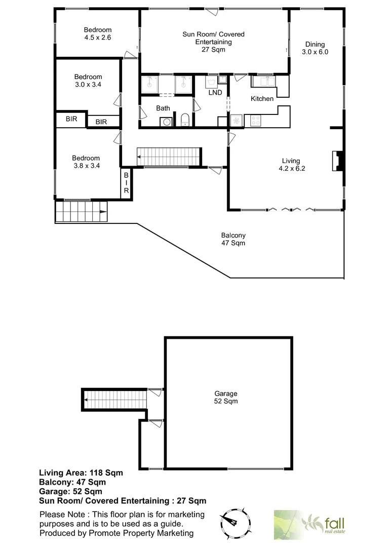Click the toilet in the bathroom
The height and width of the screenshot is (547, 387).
185,120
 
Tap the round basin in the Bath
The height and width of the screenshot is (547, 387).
165,121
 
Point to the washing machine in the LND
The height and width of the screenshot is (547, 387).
211,83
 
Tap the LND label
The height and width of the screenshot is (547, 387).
215,93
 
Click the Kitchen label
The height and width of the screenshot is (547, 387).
262,99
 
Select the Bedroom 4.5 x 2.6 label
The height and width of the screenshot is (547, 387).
98,34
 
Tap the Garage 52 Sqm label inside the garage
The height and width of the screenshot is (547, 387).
225,398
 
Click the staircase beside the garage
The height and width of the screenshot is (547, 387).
114,399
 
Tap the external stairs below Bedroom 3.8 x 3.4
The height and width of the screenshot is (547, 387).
81,210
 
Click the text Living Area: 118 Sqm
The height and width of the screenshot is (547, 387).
81,473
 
